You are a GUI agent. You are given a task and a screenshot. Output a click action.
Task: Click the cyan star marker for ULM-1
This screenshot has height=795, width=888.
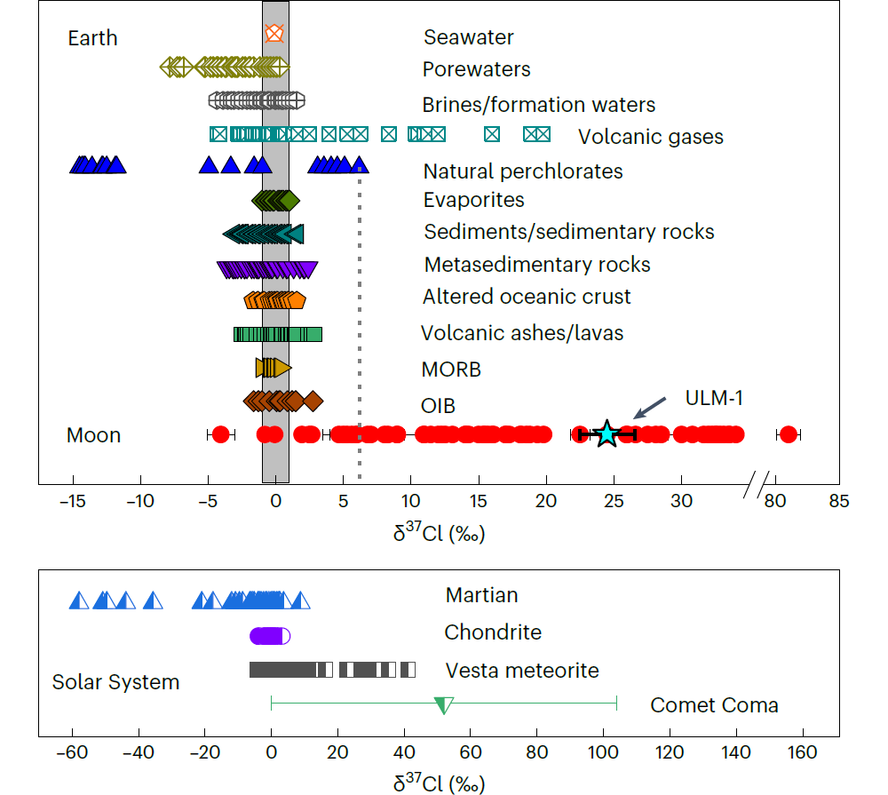607,433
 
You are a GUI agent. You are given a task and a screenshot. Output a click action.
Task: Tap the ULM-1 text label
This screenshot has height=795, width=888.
713,398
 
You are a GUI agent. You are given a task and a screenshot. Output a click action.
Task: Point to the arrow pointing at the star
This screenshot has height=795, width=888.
648,410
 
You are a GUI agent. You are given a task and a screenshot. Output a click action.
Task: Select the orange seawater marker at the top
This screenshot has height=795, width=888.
274,34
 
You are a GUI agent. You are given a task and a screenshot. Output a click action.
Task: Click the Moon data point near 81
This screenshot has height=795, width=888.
787,434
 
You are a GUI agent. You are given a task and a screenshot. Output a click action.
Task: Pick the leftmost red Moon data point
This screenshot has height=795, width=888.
220,434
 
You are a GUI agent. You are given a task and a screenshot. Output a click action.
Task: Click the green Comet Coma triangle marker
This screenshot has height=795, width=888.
443,705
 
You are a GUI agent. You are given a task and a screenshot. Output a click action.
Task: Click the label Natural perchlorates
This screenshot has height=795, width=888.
523,171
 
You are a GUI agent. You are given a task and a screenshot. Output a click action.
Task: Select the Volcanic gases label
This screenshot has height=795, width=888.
650,137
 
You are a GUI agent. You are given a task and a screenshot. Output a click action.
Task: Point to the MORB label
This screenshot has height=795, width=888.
451,370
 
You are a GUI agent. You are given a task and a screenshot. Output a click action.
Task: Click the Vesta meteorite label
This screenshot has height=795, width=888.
522,671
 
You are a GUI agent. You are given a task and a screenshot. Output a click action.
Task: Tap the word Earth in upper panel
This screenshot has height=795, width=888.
92,39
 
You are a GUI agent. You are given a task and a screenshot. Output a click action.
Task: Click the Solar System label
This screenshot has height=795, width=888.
115,682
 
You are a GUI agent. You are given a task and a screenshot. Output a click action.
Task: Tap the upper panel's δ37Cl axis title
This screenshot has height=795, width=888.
439,534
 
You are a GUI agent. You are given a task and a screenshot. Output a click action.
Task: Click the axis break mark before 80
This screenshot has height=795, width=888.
757,484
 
